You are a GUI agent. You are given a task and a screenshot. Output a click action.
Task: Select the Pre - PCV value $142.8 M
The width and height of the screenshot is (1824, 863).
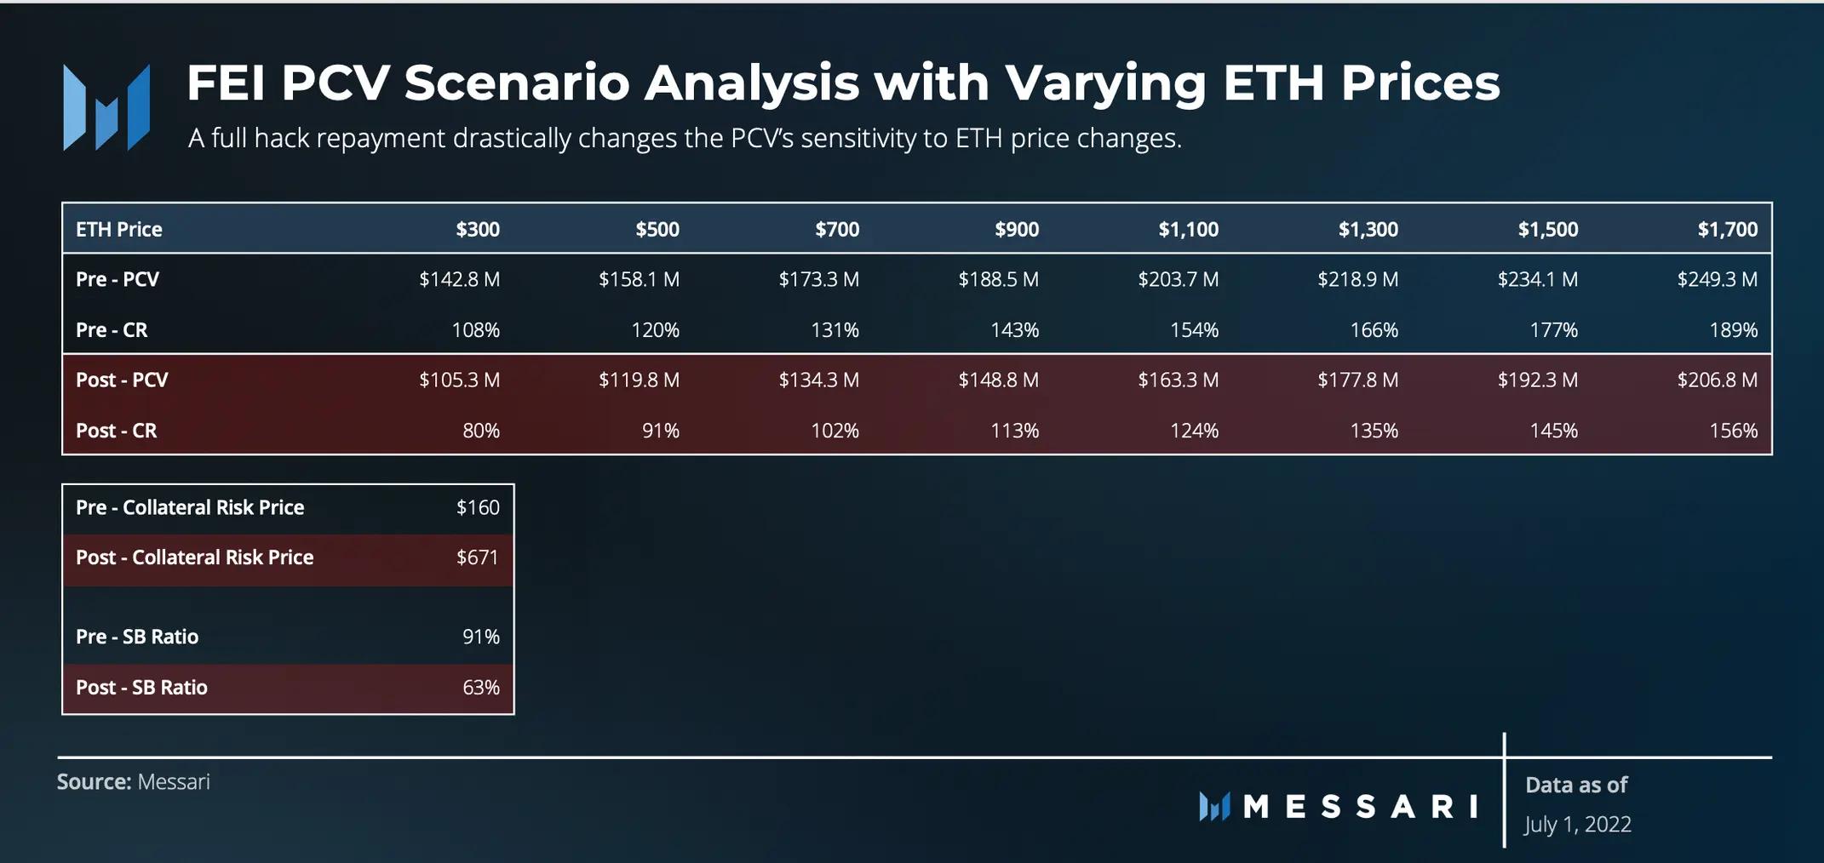click(459, 279)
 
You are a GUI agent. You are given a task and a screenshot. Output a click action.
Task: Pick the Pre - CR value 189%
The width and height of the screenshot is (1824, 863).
click(1733, 329)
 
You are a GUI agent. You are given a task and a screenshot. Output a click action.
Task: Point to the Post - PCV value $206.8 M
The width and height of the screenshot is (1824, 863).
click(1717, 380)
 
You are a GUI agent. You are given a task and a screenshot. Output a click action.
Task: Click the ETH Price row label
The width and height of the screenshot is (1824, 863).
click(118, 229)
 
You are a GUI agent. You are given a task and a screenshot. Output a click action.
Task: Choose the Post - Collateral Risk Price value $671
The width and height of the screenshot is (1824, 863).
click(477, 557)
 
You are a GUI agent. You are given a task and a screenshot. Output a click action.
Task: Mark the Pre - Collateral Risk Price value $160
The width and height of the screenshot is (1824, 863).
click(477, 507)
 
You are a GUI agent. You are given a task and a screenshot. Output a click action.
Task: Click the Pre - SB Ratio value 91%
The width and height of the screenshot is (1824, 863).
click(480, 637)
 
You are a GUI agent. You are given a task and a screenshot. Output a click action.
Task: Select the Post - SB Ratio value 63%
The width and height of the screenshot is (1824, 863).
click(480, 687)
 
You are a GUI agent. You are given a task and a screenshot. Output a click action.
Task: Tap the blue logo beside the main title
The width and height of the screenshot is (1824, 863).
click(106, 108)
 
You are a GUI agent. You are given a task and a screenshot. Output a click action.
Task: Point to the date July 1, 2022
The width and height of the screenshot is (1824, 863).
click(1577, 824)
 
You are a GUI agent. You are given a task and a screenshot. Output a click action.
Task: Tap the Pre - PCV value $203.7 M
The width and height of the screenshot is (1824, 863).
click(1178, 279)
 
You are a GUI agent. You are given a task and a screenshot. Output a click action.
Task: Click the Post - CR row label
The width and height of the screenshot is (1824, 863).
click(116, 431)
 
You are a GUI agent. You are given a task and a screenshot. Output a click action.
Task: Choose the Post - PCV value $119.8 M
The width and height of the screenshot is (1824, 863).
click(639, 380)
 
